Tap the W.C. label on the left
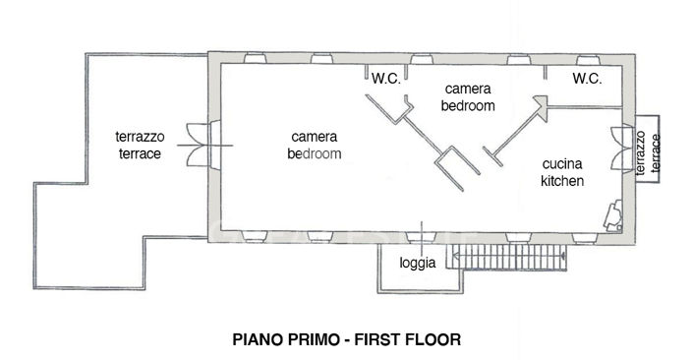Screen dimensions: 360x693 coord(385,79)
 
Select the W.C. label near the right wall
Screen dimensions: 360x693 coord(587,79)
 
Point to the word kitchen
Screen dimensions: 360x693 coord(562,181)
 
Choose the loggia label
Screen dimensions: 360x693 coord(417,264)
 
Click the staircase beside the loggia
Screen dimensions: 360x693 coord(507,259)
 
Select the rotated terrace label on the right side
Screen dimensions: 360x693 coord(645,152)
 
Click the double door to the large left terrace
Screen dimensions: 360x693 coord(202,145)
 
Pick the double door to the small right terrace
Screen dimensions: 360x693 coord(619,144)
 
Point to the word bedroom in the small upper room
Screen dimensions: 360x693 coord(468,104)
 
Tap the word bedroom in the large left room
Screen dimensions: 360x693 coord(315,154)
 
